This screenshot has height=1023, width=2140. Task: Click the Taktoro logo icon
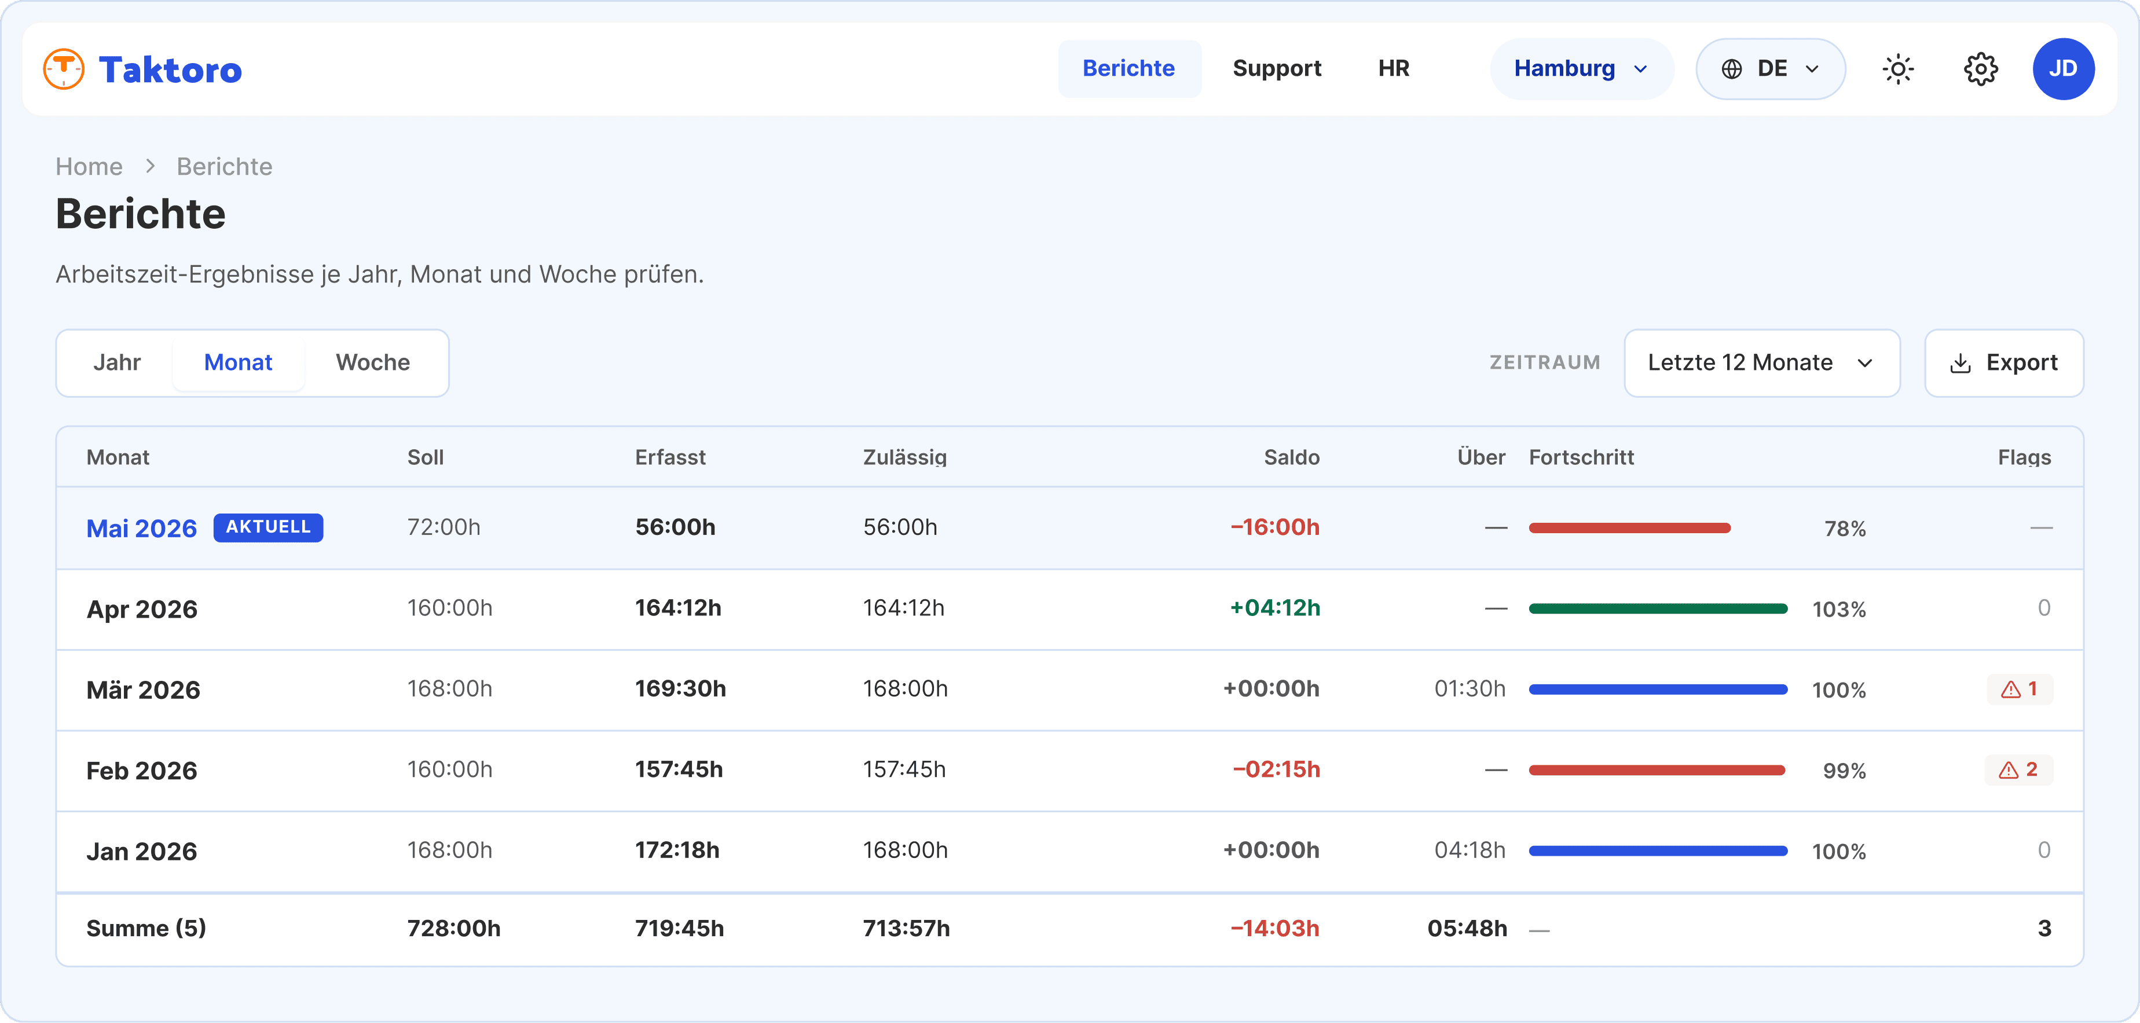click(64, 69)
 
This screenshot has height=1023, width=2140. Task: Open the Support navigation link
click(1277, 68)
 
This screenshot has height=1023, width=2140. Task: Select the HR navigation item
click(1393, 68)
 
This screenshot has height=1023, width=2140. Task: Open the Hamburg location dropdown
click(1581, 69)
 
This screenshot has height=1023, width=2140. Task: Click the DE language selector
click(1771, 69)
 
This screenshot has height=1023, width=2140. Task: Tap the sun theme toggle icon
click(1898, 69)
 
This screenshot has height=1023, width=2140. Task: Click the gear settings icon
click(1981, 69)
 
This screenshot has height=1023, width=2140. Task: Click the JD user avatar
click(2064, 69)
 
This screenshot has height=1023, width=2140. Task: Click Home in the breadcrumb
click(89, 166)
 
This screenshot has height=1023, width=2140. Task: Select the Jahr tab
click(116, 363)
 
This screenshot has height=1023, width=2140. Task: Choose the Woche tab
click(373, 363)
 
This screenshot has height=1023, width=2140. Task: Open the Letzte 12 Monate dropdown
click(1762, 363)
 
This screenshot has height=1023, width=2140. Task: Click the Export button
click(2004, 363)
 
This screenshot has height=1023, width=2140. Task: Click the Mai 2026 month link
click(142, 528)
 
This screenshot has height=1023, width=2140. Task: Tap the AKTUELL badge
click(268, 527)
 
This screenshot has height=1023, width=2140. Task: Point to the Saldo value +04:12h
click(1274, 608)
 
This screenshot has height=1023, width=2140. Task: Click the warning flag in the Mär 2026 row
click(2020, 688)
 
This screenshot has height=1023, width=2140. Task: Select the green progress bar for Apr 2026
click(1658, 608)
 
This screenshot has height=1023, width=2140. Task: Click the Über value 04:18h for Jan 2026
click(1470, 850)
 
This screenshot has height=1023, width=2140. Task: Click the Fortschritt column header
click(1581, 457)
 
